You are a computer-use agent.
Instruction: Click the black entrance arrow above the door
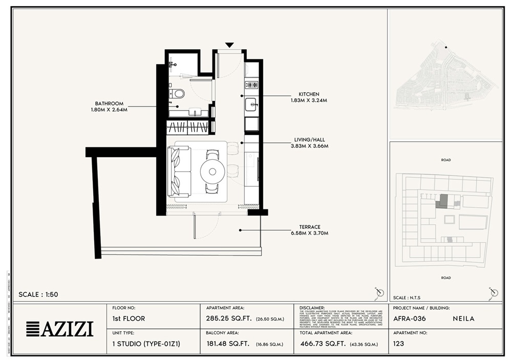pos(229,45)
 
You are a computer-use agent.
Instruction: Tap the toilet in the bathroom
pos(178,93)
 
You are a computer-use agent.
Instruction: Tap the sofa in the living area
pos(179,171)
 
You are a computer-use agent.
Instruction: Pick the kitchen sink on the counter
pos(251,104)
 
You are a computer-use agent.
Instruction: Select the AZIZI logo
pos(59,329)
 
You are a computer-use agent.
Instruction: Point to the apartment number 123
pos(399,344)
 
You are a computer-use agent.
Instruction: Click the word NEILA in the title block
pos(464,318)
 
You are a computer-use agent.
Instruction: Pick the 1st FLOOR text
pos(129,318)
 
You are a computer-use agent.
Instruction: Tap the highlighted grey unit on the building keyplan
pos(442,201)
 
